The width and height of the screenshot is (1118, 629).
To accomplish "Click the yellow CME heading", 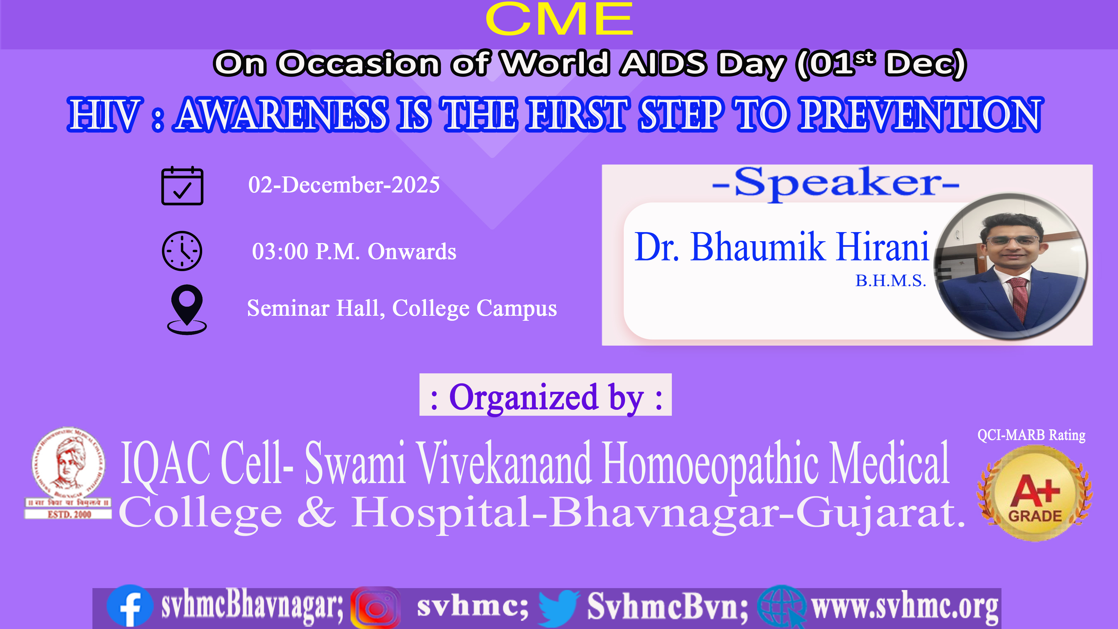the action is tap(559, 19).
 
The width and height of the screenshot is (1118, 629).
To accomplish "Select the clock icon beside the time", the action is tap(182, 251).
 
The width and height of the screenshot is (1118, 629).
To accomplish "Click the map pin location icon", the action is tap(187, 309).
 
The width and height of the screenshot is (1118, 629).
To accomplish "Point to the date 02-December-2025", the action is tap(344, 185).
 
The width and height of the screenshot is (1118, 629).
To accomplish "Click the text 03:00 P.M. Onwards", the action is tap(354, 251).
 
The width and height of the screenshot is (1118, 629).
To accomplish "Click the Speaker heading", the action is tap(835, 183).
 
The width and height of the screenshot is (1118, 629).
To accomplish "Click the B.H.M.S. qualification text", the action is tap(891, 281).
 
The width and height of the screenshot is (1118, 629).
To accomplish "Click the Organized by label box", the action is tap(545, 395).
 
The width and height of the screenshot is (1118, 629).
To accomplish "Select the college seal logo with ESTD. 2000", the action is tap(68, 473).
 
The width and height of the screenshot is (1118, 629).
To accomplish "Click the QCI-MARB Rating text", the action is tap(1031, 435).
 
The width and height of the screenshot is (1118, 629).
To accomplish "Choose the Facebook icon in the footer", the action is tap(130, 606).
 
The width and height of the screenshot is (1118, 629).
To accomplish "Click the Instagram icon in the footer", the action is tap(375, 607).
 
